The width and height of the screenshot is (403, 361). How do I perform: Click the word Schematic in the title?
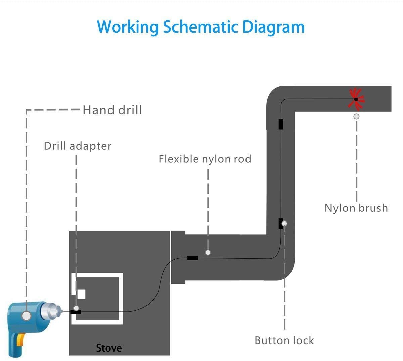click(x=200, y=27)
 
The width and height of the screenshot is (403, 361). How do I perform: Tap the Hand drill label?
click(x=112, y=110)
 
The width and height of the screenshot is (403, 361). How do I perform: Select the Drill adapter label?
click(x=78, y=146)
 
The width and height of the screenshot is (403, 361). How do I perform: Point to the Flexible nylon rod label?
click(x=205, y=159)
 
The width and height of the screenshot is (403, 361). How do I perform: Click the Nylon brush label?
click(x=356, y=208)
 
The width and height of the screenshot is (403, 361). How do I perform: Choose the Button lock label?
click(x=284, y=340)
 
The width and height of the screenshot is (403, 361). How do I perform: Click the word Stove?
click(x=109, y=348)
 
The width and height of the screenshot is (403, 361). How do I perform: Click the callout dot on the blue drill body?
click(x=26, y=316)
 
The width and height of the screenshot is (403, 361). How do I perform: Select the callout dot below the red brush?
click(x=356, y=116)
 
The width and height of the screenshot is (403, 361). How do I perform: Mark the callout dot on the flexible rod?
click(x=208, y=252)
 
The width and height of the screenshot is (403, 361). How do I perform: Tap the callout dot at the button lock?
click(x=284, y=223)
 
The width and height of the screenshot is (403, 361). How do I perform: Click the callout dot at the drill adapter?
click(x=76, y=308)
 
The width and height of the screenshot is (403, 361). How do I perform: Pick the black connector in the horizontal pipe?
click(x=192, y=258)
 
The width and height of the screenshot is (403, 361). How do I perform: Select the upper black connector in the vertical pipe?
click(x=280, y=124)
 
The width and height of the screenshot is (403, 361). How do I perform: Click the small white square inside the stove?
click(x=81, y=294)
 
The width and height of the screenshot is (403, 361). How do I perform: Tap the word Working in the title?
click(x=128, y=27)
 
